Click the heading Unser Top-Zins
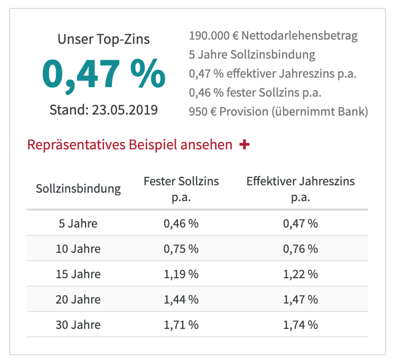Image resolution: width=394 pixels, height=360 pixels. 104,39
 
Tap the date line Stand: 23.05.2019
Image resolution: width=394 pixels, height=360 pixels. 104,109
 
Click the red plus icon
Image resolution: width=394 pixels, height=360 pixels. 244,145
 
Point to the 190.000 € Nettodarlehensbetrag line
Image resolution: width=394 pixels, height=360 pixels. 274,36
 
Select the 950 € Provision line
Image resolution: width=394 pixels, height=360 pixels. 279,111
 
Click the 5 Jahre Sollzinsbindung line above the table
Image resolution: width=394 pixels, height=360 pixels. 252,55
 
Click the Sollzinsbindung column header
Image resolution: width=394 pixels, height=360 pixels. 78,188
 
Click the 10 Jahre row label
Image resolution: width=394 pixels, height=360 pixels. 78,248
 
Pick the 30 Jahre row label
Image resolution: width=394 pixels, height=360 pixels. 78,325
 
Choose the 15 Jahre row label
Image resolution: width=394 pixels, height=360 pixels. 78,274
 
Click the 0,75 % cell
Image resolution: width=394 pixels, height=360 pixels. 181,248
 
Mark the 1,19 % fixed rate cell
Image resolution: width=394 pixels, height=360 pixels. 181,274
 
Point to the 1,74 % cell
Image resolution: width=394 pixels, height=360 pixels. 301,325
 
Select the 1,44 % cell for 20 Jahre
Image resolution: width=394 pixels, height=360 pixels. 181,300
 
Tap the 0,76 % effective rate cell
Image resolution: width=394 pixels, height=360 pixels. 301,248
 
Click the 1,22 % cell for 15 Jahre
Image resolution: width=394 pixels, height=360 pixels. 301,274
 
